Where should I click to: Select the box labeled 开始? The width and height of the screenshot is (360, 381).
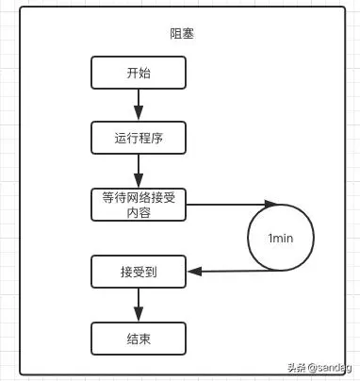coord(139,73)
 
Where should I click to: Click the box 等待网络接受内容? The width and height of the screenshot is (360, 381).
coord(139,205)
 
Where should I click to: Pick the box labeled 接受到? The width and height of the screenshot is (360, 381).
coord(139,273)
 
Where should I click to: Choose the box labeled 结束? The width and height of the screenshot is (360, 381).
coord(139,338)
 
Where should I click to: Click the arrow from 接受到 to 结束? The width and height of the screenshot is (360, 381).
coord(139,305)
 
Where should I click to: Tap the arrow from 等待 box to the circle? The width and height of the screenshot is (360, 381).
coord(226,203)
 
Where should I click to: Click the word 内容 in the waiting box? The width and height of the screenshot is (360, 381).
coord(139,213)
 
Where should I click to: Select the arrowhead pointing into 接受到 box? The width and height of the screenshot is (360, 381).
coord(191,273)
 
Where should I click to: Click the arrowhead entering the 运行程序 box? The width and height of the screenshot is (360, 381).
coord(139,116)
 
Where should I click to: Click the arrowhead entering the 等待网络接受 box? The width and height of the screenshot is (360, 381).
coord(139,183)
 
